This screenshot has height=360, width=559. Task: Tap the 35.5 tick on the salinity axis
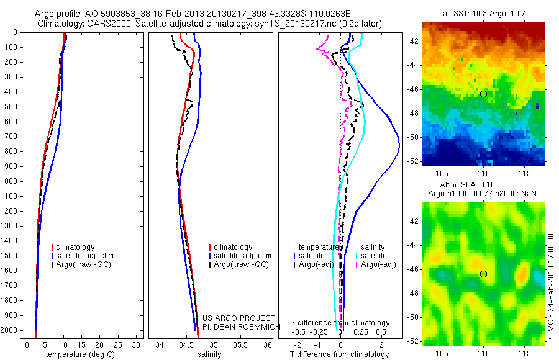[x=240, y=344]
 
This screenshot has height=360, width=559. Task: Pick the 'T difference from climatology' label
[x=339, y=354]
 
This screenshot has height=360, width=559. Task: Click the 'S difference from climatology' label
[x=340, y=323]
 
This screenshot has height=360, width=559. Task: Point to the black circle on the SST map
[x=483, y=94]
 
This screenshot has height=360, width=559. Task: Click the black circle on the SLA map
[x=483, y=274]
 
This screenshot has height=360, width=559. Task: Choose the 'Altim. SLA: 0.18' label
[x=483, y=186]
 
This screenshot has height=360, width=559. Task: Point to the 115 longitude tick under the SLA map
[x=523, y=352]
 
